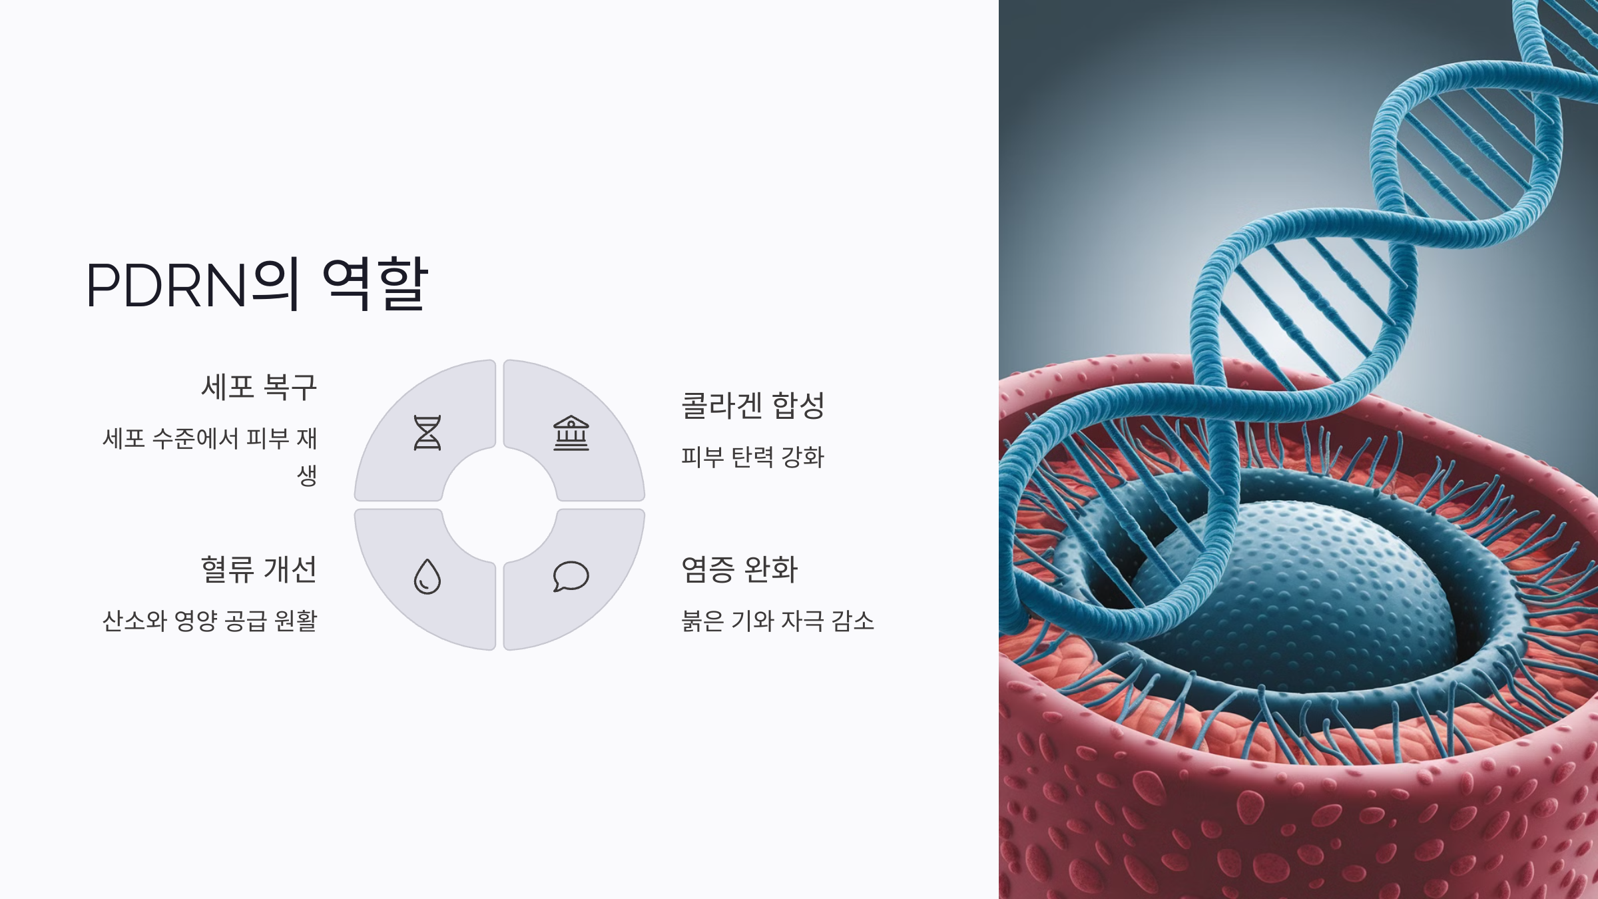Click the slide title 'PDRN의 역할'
pos(257,285)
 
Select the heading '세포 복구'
pos(259,387)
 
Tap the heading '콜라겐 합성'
pos(752,406)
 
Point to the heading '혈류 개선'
pos(259,570)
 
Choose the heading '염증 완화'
pos(739,570)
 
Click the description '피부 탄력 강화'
pos(752,457)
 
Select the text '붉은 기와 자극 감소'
pos(777,621)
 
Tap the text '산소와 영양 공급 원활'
pos(210,621)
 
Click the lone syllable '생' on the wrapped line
pos(307,475)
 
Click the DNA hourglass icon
pos(427,434)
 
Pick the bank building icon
pos(571,434)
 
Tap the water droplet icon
pos(427,577)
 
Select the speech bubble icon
pos(571,576)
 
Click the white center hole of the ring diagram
pos(499,505)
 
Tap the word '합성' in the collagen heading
pos(798,406)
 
